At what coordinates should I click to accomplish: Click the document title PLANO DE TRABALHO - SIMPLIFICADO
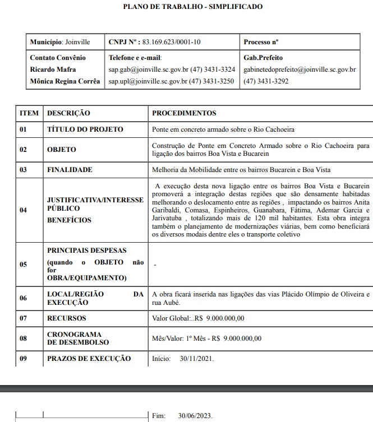click(192, 7)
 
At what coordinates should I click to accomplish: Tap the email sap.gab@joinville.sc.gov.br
click(147, 69)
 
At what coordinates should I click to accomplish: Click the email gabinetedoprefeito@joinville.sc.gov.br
click(300, 69)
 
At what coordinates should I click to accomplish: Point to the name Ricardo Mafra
click(53, 69)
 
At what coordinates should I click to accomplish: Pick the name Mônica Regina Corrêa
click(65, 81)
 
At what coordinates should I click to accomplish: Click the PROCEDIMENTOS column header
click(184, 113)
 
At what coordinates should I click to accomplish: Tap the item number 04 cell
click(24, 210)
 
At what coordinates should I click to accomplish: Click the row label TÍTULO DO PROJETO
click(85, 129)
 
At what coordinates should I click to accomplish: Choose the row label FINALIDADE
click(70, 169)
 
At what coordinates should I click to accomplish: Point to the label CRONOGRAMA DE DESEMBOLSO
click(78, 338)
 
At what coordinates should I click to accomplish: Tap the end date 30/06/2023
click(195, 416)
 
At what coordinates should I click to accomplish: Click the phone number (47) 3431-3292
click(266, 81)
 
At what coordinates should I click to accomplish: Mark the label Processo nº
click(261, 42)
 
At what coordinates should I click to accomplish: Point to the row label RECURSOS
click(67, 318)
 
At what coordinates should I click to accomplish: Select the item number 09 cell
click(24, 359)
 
